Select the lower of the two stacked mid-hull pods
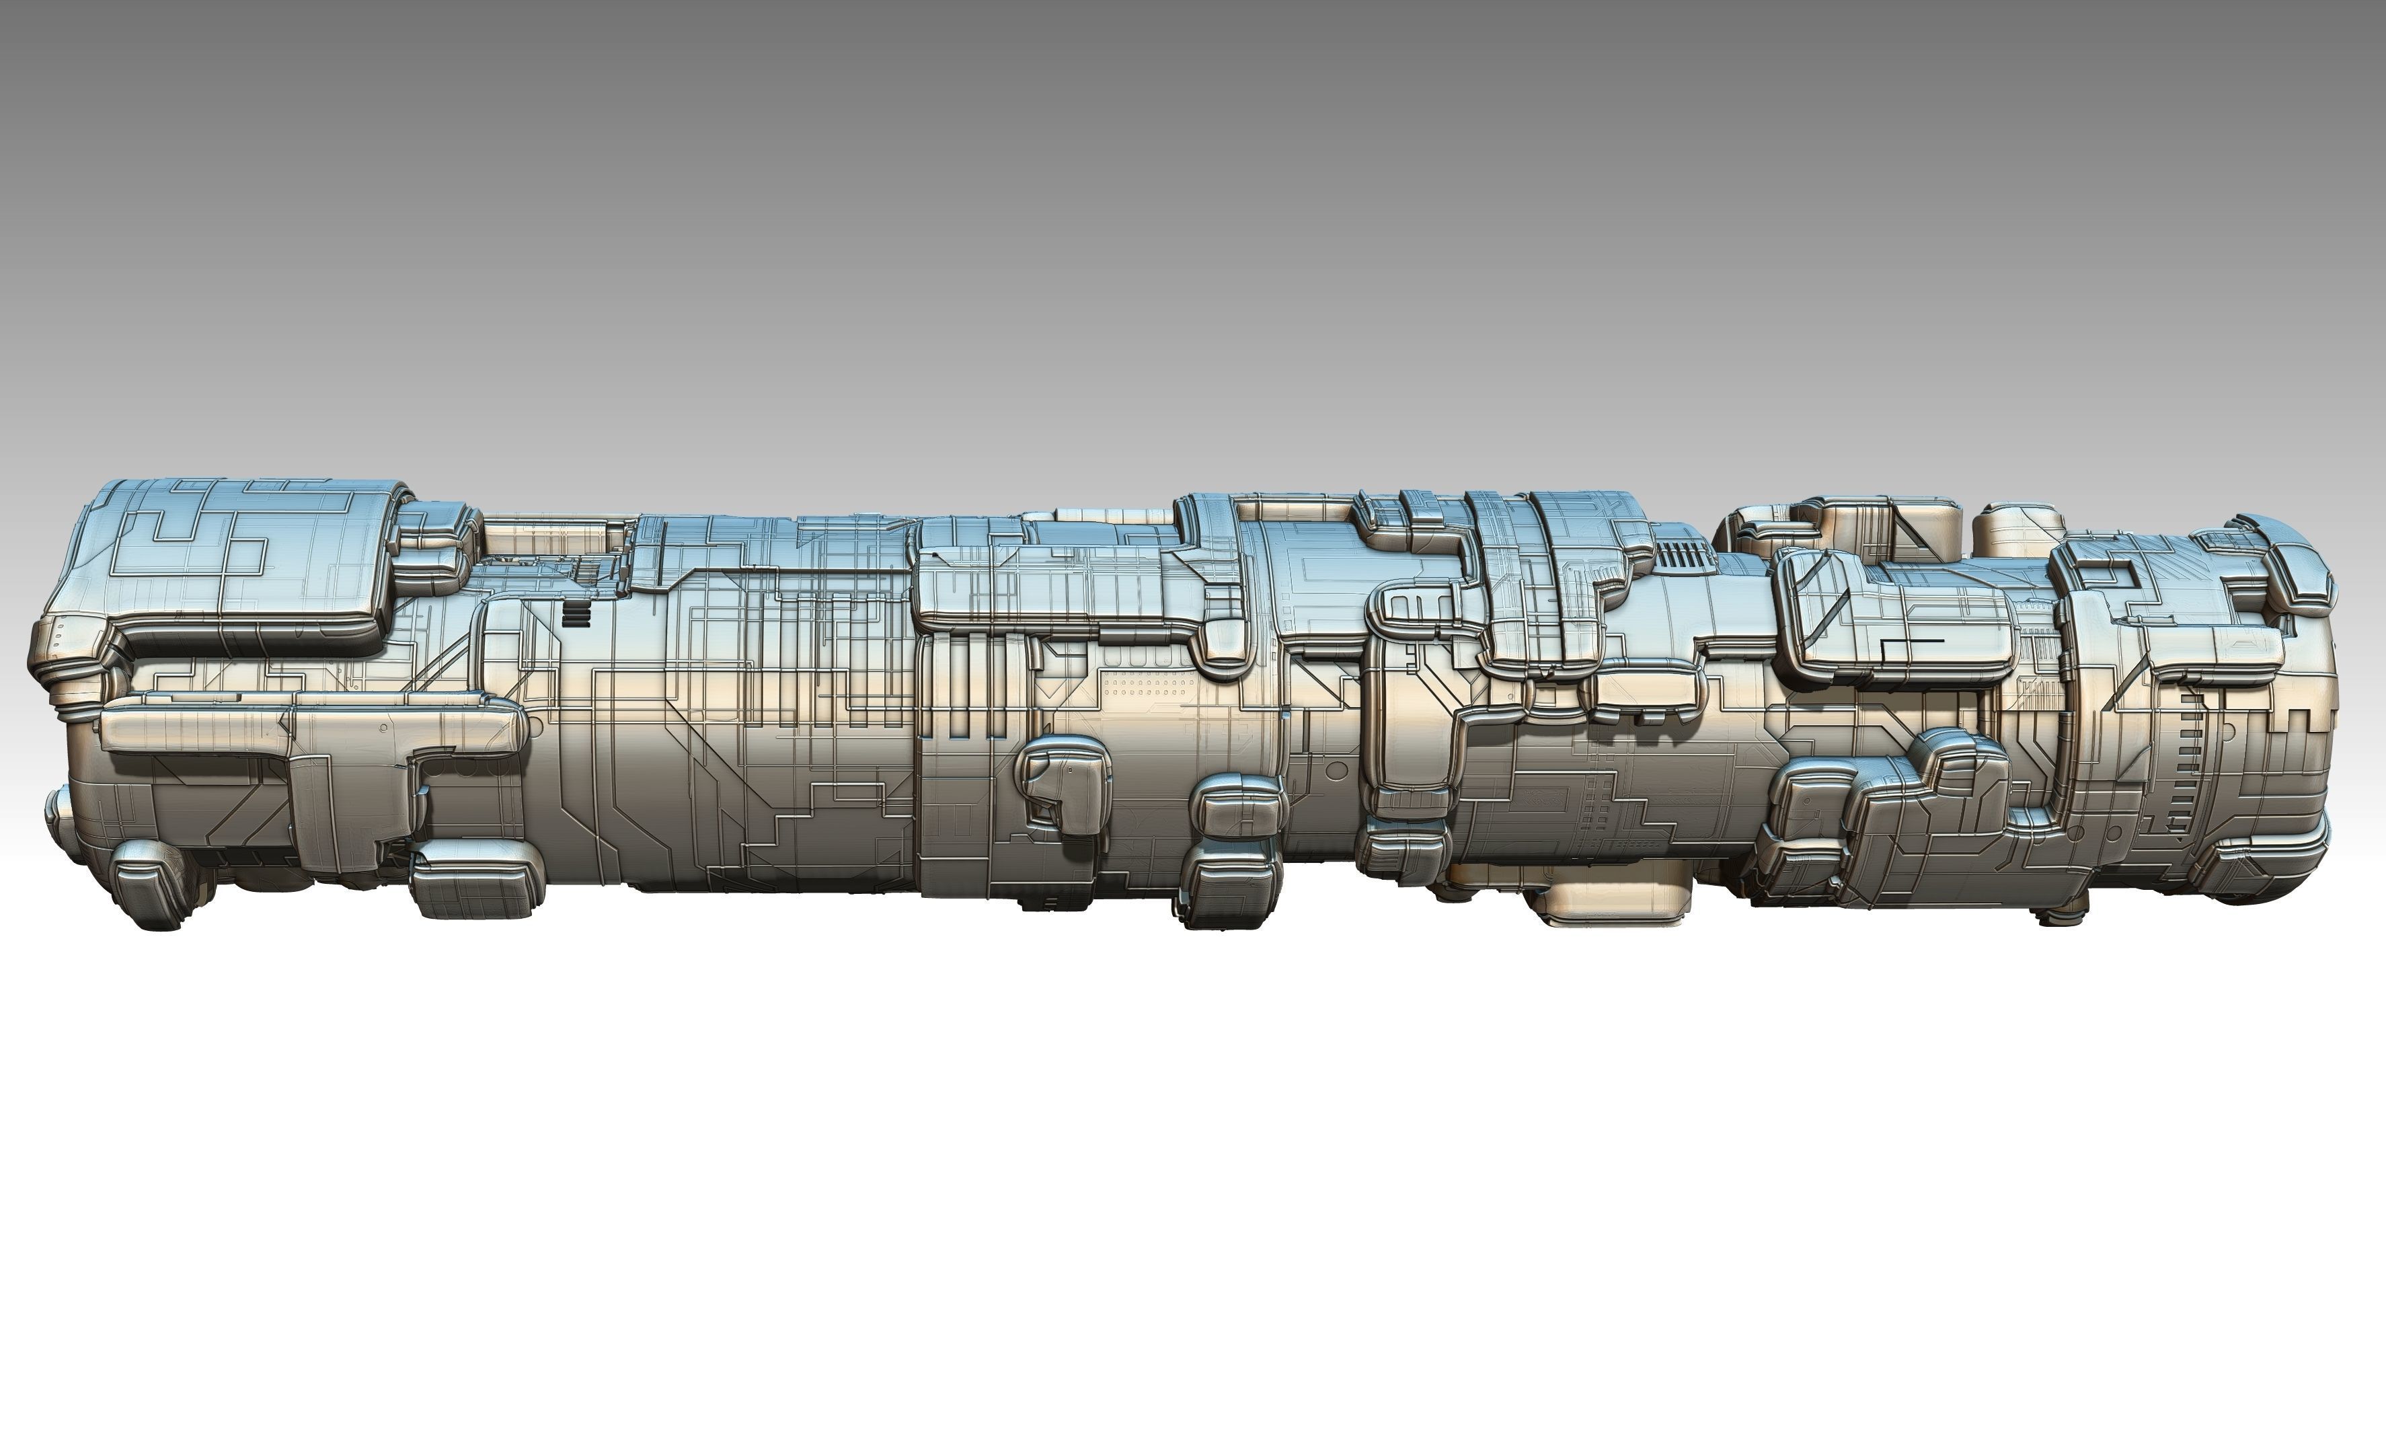(x=1233, y=891)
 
